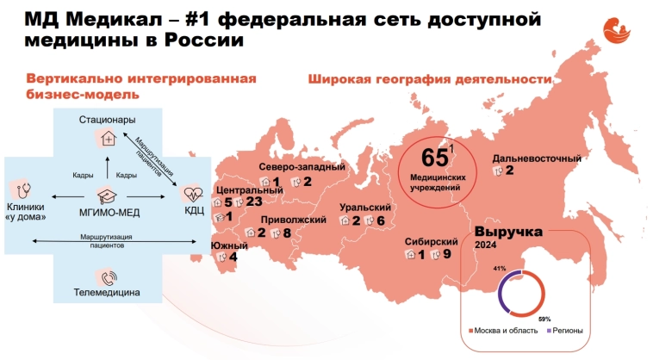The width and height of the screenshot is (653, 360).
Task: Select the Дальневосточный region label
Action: point(537,158)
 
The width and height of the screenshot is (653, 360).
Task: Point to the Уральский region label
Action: point(365,208)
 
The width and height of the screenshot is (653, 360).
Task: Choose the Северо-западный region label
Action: point(302,167)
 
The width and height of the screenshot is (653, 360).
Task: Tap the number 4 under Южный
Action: point(233,256)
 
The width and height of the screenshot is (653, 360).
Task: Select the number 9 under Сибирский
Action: point(447,254)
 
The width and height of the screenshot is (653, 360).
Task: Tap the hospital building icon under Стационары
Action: point(108,137)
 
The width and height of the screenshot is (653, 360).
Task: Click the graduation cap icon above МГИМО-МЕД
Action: point(108,196)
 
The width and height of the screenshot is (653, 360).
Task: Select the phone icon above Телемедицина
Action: point(108,277)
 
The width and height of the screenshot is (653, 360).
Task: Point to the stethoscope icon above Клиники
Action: point(23,189)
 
